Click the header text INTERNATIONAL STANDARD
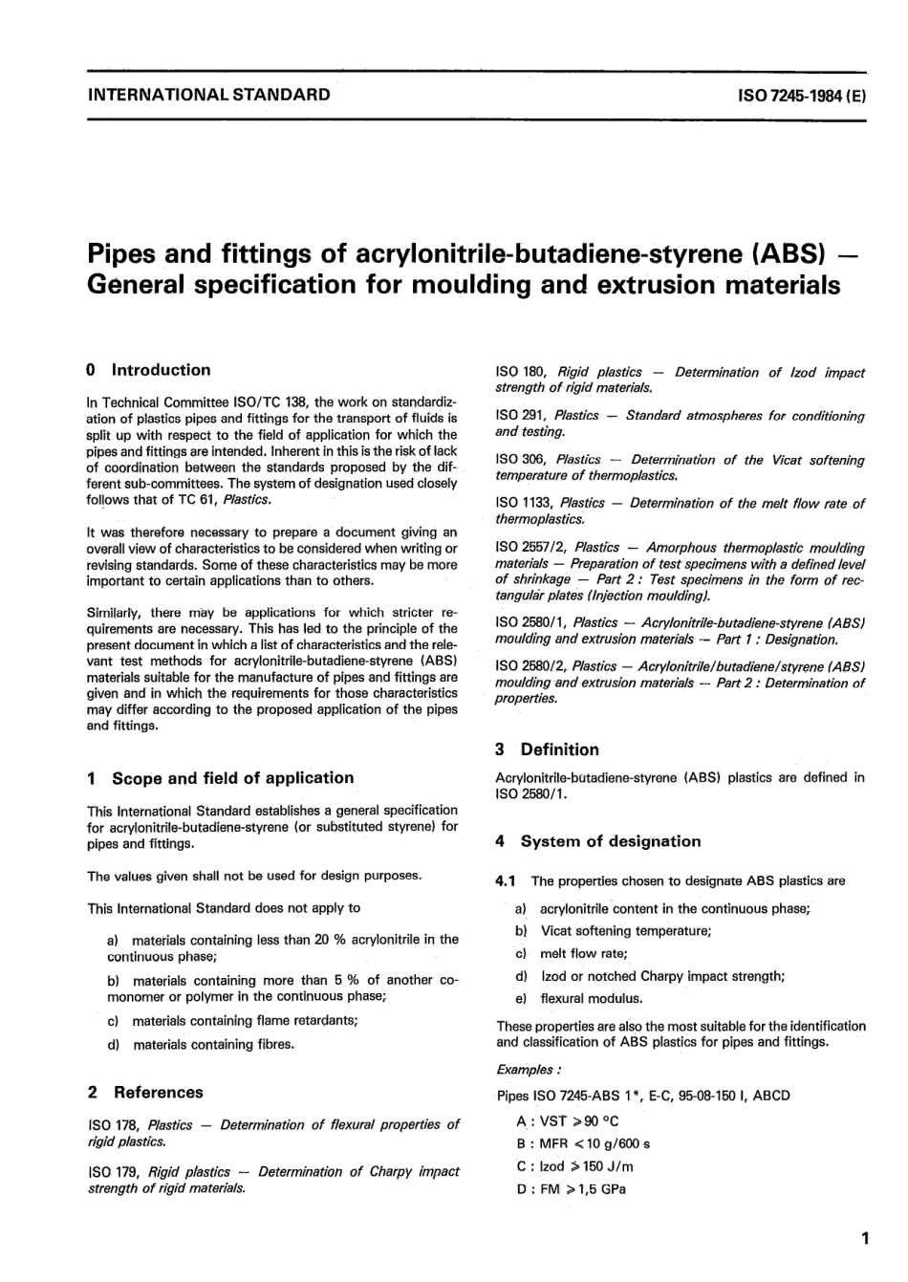[208, 95]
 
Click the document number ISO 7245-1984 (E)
[802, 96]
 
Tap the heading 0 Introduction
[148, 370]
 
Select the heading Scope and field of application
[232, 778]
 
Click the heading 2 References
[145, 1092]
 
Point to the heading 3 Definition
[548, 750]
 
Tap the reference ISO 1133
[520, 503]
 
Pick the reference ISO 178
[112, 1125]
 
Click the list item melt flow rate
[583, 953]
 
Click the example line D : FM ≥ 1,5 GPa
[571, 1189]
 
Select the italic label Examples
[529, 1070]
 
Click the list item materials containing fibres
[214, 1045]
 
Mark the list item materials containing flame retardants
[245, 1020]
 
